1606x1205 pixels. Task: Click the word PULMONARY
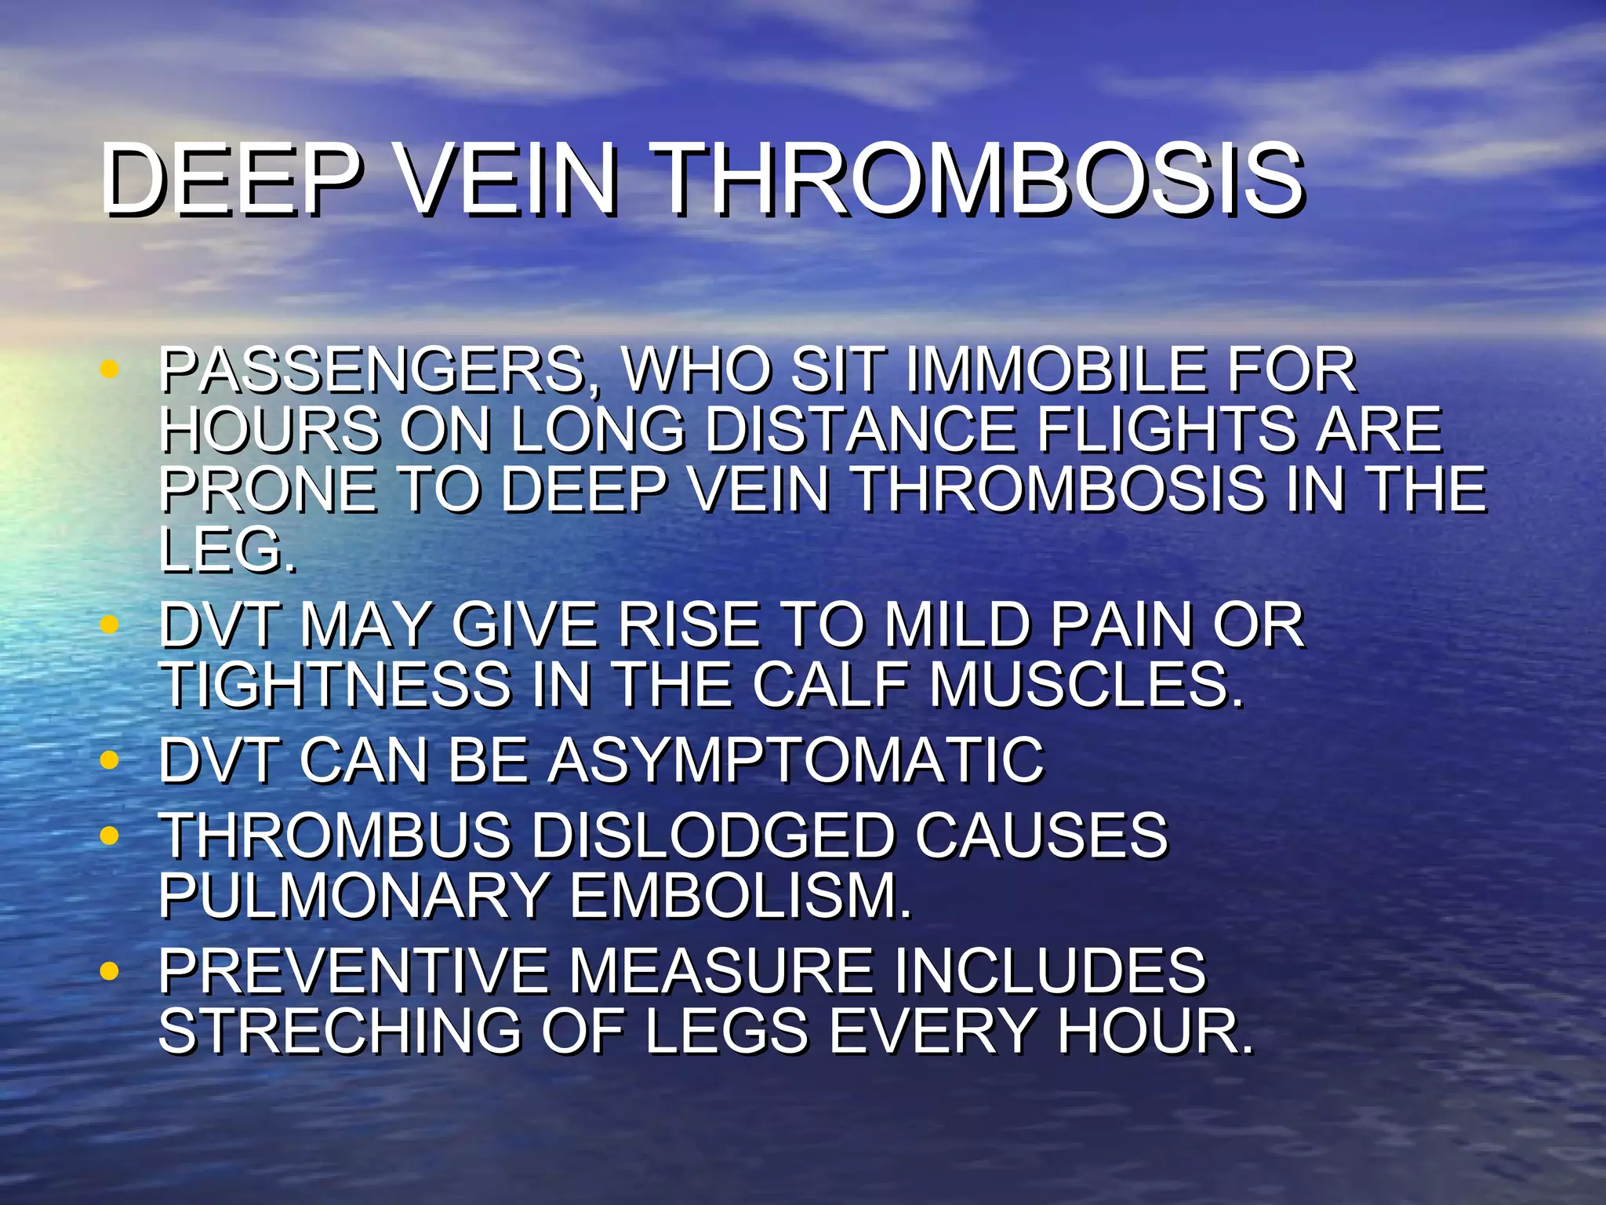pos(354,895)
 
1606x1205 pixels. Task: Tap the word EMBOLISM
pos(741,895)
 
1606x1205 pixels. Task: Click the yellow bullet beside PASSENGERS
pos(110,368)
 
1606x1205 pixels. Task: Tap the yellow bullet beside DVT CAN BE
pos(110,759)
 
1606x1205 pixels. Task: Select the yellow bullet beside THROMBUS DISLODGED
pos(110,835)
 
